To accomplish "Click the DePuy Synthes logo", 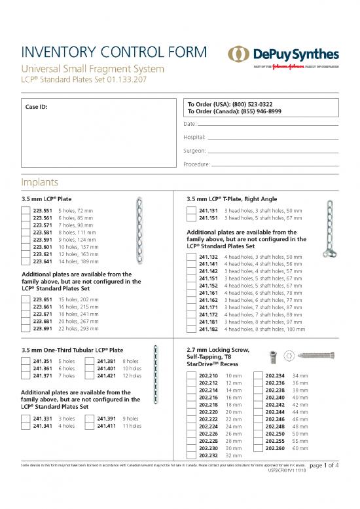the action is pos(283,56).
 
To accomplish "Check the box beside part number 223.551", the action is pos(26,211).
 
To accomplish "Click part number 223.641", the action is pos(43,261).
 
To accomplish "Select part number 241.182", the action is pos(208,330).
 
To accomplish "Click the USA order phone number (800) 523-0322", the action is pos(248,104).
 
